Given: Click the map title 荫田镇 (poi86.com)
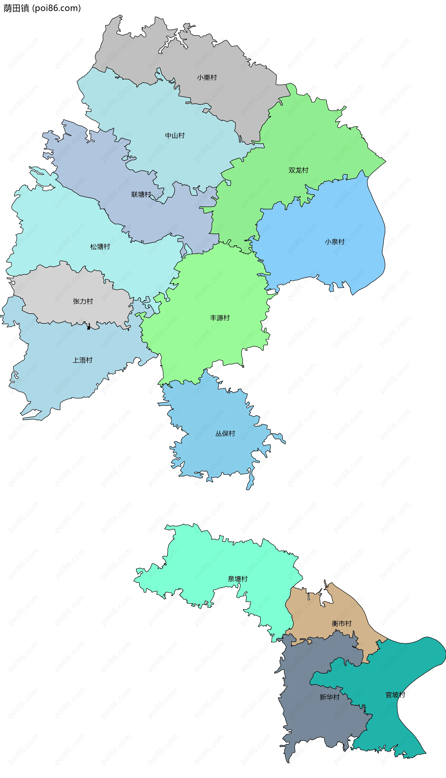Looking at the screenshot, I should point(42,8).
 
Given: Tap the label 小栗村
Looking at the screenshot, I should point(207,78).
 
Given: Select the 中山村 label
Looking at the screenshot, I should point(175,136).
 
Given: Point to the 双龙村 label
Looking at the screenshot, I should point(298,170).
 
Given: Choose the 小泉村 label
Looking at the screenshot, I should point(334,242).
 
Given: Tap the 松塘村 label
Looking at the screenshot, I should point(100,247).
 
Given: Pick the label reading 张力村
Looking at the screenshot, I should point(83,301).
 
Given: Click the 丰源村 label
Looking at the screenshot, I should point(220,318).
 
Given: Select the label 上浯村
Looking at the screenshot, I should point(82,360).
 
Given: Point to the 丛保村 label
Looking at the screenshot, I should point(225,434).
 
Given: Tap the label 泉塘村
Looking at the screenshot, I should point(237,579).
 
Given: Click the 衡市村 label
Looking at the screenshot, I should point(341,624).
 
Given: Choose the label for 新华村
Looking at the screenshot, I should point(329,697).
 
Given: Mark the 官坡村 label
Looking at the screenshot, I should point(395,695).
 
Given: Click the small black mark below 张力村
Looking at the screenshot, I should point(89,328).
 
